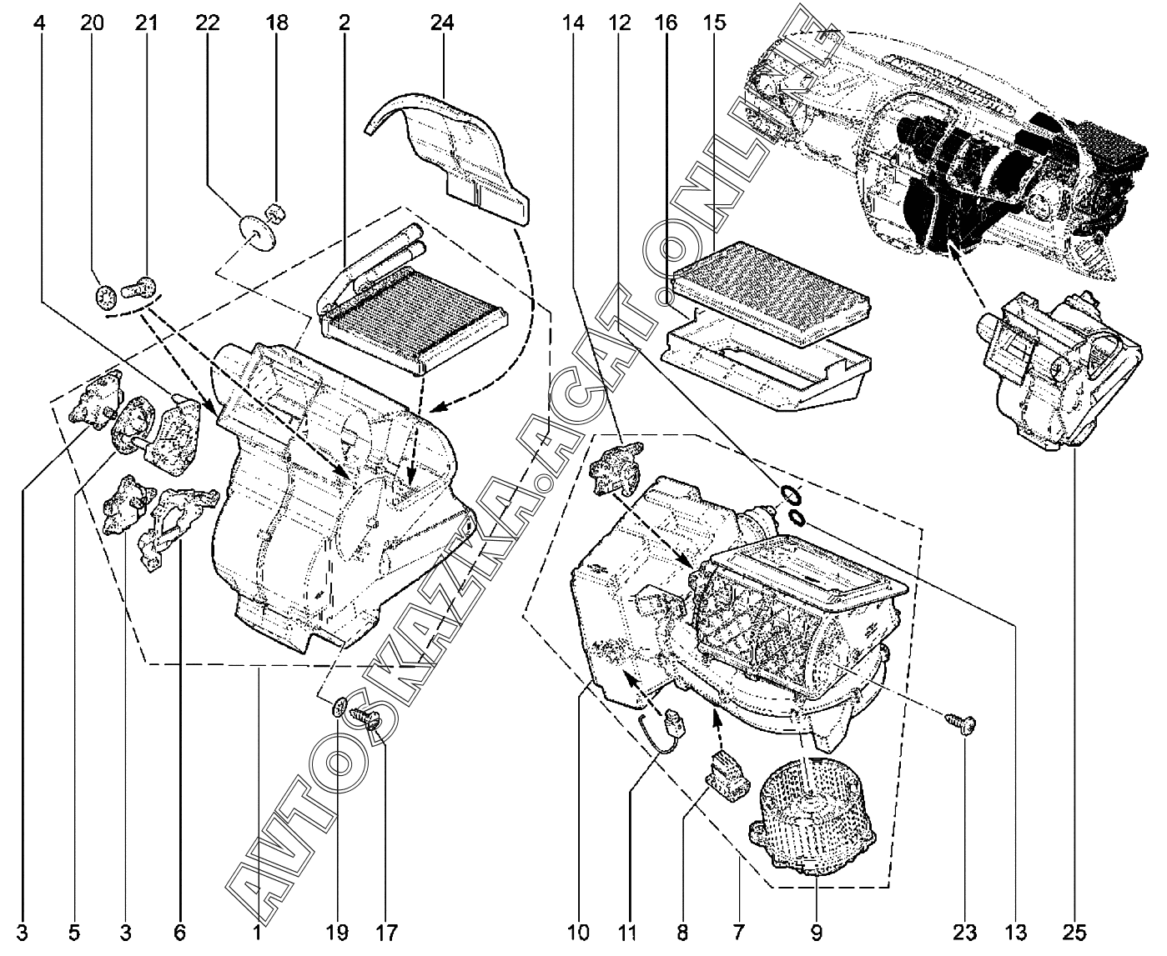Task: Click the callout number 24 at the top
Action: pyautogui.click(x=442, y=24)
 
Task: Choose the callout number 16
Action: pyautogui.click(x=667, y=24)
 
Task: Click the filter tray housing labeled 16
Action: pyautogui.click(x=763, y=367)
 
